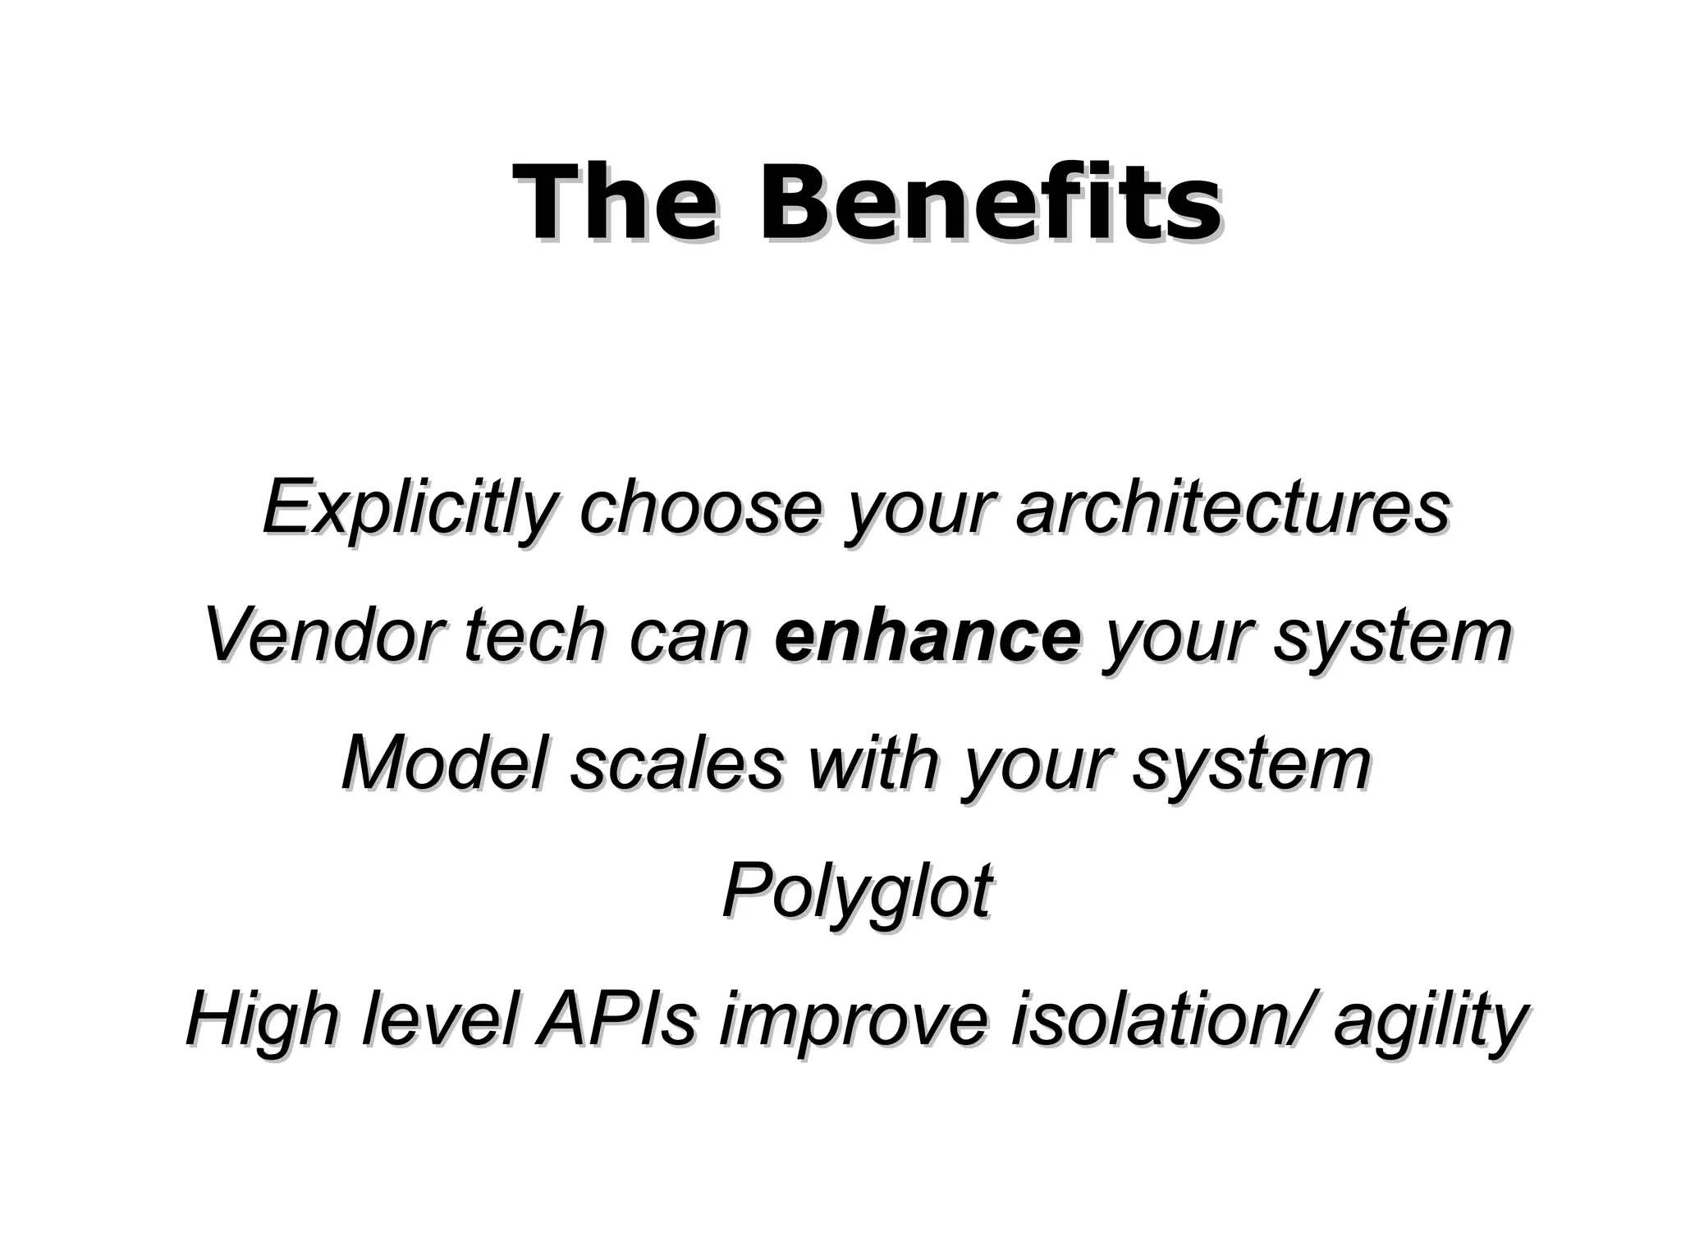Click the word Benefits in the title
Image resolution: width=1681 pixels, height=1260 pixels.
tap(988, 203)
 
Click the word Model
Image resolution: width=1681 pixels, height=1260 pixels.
tap(444, 763)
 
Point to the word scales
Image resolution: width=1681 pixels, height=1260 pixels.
tap(676, 763)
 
